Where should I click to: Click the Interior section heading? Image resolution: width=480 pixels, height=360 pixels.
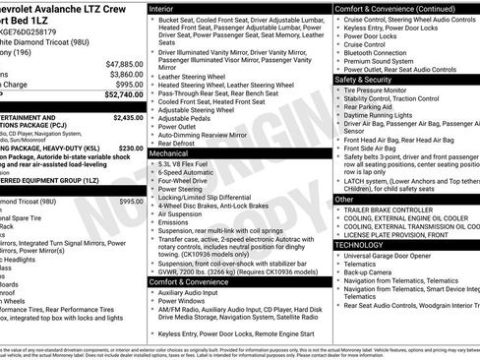pyautogui.click(x=166, y=7)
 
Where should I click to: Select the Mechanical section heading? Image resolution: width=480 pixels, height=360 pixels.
pyautogui.click(x=173, y=154)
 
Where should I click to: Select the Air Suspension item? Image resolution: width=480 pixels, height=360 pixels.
pyautogui.click(x=182, y=211)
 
